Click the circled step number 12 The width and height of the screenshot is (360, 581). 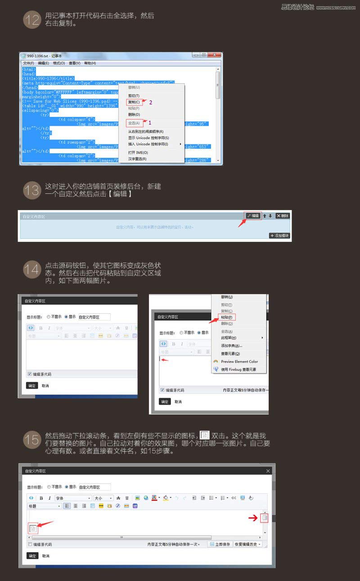[31, 20]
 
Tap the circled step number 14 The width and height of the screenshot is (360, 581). [31, 270]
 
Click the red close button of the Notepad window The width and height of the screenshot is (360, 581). [215, 55]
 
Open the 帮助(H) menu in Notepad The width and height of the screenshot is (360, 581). [90, 63]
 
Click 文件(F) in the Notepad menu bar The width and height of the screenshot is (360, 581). [28, 63]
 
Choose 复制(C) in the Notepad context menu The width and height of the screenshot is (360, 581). [134, 102]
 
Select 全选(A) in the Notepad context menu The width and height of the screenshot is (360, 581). [134, 122]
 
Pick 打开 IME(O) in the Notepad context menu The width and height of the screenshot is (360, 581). [138, 152]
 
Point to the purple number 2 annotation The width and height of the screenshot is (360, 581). [151, 102]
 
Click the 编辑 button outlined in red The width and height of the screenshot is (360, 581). [253, 216]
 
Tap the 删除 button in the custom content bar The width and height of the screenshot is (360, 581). [283, 216]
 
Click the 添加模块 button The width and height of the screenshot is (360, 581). [279, 236]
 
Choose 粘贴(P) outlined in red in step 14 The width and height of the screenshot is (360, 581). [227, 317]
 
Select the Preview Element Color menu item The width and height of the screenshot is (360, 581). [239, 361]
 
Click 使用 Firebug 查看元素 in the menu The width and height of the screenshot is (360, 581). [238, 369]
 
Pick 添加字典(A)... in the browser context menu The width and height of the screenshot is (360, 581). [231, 345]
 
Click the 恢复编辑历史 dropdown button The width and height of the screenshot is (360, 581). [247, 544]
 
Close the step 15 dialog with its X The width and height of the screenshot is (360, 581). [268, 471]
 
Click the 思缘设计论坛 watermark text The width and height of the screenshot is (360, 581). [297, 7]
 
